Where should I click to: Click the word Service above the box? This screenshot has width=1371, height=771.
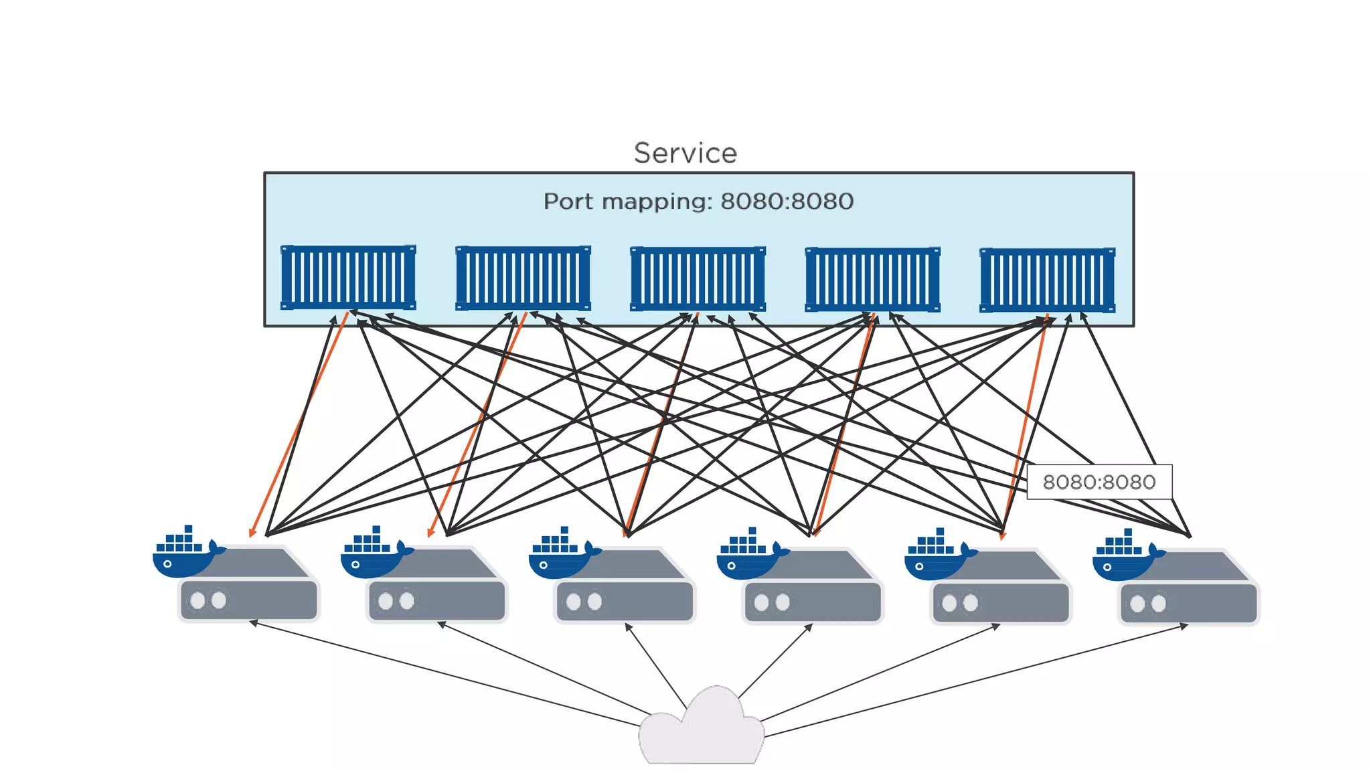685,153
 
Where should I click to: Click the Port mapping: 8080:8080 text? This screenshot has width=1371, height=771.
698,201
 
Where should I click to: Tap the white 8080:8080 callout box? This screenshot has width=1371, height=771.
1099,482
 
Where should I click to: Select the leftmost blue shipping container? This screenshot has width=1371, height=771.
348,277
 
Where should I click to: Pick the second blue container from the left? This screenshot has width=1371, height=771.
523,278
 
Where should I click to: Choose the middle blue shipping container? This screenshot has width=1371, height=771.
698,279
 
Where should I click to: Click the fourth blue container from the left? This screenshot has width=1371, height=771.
872,280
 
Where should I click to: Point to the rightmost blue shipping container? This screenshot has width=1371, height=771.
1047,280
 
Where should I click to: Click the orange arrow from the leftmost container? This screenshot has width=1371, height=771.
298,425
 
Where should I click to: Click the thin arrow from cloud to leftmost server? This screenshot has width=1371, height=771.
442,673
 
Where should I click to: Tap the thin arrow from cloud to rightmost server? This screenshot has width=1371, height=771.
977,681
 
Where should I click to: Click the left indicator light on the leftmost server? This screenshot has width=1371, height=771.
197,600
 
